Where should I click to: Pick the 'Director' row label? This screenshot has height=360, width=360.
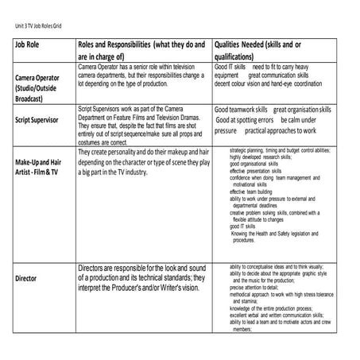(25, 278)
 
